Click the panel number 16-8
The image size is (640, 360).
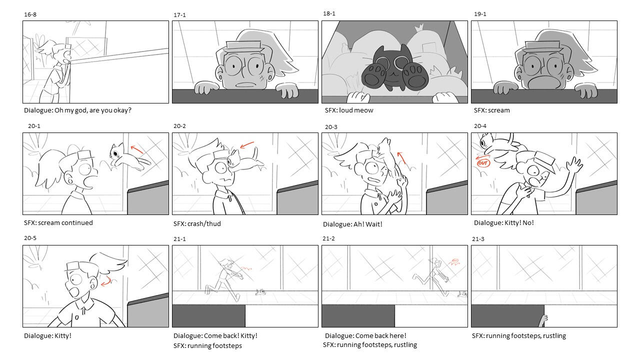30,14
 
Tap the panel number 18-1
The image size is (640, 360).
329,13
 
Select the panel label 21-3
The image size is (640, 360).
478,239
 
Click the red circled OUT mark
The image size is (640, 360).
483,163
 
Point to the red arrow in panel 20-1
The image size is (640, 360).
137,149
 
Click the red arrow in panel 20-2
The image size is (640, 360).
247,145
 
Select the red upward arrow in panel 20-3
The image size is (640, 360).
401,158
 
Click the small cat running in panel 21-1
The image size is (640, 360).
260,292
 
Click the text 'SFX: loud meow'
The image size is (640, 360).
349,110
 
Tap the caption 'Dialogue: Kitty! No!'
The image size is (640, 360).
503,223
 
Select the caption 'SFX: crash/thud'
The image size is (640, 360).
197,223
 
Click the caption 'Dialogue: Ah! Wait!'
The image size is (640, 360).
352,224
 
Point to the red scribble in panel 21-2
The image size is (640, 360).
455,261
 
